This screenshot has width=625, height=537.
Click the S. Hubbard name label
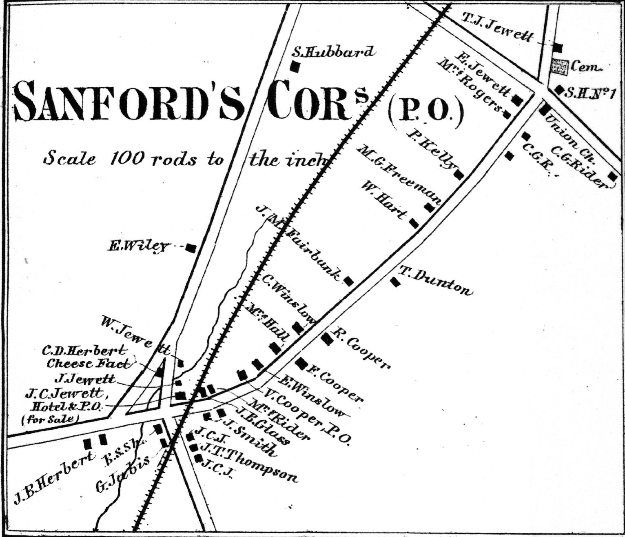point(333,52)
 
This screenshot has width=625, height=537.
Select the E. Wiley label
point(138,246)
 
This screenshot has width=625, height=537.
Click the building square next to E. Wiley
point(191,247)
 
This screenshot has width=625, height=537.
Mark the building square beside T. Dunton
point(395,282)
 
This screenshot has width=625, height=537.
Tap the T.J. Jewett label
point(497,27)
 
